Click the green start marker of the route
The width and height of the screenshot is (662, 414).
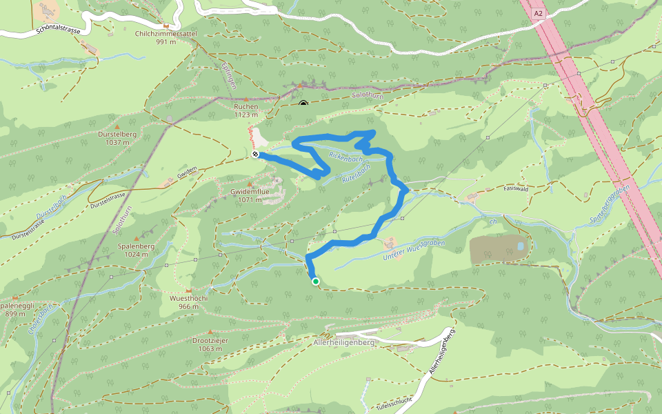point(315,281)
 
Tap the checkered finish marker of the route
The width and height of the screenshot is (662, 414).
point(256,155)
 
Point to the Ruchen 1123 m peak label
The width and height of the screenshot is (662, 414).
point(246,110)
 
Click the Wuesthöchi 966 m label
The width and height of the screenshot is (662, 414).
point(188,302)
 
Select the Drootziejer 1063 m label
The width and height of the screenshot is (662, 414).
point(209,344)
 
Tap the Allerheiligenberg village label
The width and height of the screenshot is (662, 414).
point(343,342)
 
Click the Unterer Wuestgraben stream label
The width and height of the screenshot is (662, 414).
point(414,250)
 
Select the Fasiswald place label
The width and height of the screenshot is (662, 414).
point(516,188)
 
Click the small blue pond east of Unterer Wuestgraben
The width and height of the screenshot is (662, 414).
point(520,245)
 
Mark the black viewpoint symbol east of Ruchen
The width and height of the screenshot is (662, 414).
point(303,104)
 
